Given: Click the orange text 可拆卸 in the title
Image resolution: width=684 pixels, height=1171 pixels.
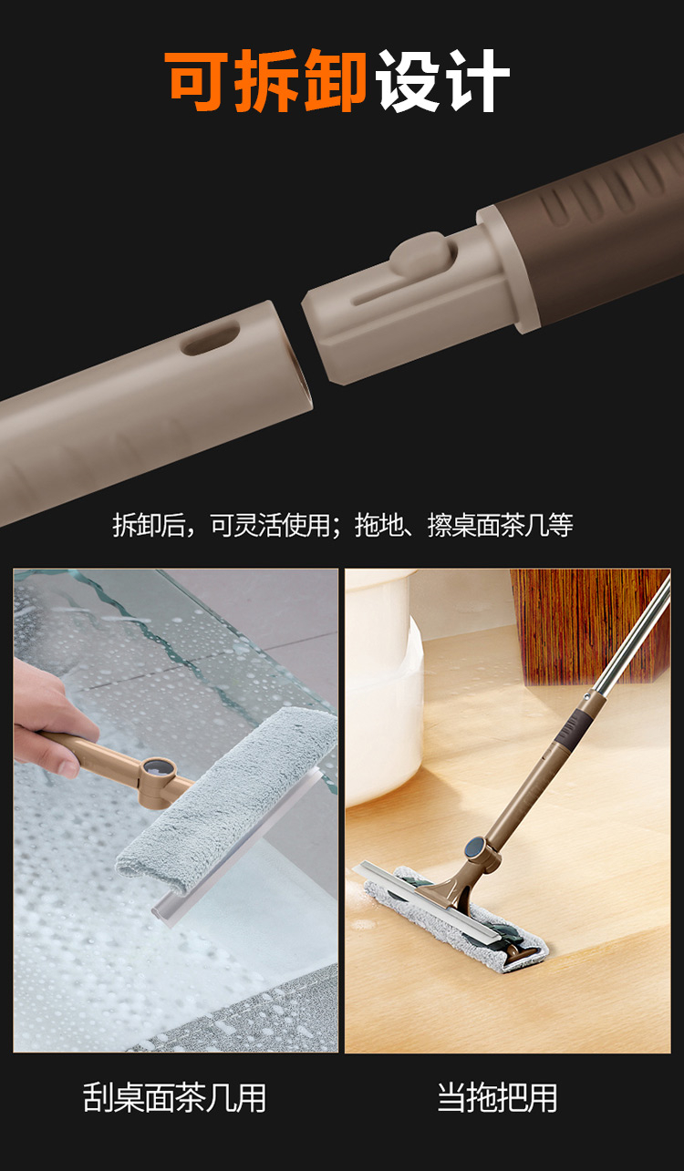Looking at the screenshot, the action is point(266,80).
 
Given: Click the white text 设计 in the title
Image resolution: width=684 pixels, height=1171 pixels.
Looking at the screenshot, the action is point(442,80).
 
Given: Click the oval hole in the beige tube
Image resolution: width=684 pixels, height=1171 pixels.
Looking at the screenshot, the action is point(212,338).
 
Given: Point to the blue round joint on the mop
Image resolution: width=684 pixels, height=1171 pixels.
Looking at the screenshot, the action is point(476,846).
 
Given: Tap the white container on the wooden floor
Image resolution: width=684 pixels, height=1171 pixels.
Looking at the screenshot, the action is point(384,684).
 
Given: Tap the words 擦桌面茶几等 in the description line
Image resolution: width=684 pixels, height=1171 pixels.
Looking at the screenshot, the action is point(501,524).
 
